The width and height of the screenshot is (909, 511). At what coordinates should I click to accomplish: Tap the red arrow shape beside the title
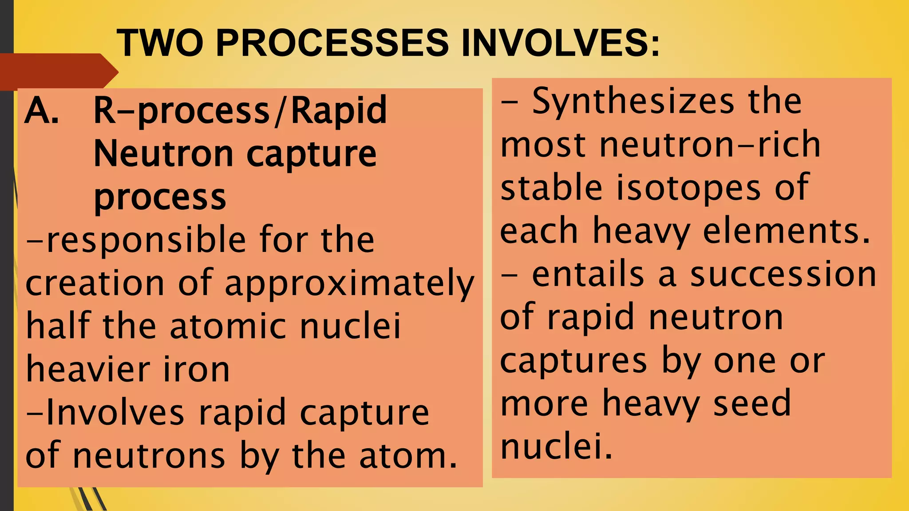tap(58, 71)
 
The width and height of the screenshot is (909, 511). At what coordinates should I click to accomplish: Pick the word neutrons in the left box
tap(149, 456)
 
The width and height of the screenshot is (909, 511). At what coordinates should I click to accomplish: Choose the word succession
tap(783, 274)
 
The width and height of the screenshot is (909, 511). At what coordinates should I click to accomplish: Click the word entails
tap(588, 274)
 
